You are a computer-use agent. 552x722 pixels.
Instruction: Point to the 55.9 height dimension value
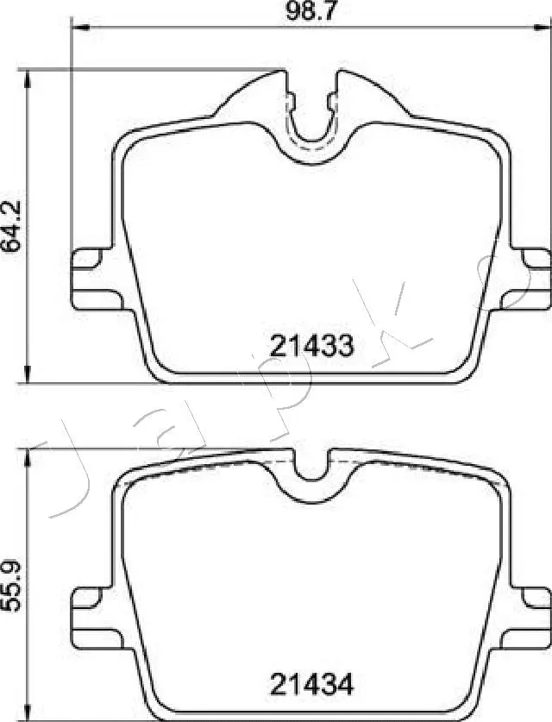11,585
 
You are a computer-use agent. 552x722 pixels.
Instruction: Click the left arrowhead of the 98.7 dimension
76,28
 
